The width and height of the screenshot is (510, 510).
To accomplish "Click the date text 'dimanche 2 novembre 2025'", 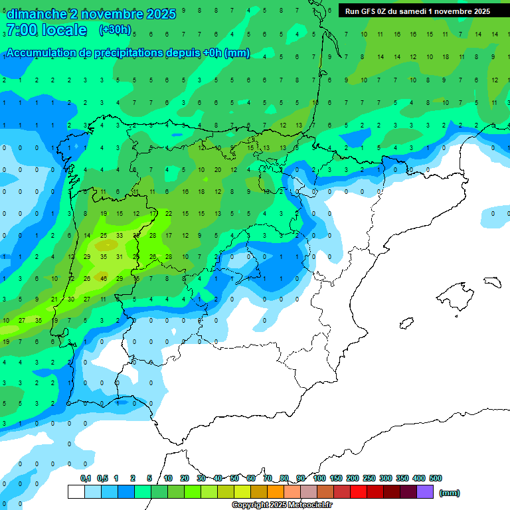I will tap(90, 14).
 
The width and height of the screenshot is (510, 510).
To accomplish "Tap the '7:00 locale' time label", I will tap(46, 30).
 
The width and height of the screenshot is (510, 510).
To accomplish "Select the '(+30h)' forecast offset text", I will tap(115, 30).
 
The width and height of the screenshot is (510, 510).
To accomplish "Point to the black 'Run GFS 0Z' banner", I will tap(418, 11).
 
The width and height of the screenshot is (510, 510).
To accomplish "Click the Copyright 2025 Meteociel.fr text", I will tap(282, 505).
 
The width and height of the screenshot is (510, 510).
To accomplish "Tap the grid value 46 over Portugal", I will tap(103, 278).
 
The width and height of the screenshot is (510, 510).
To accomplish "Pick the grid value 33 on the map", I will tap(119, 235).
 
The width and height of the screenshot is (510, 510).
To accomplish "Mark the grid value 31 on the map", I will tap(119, 256).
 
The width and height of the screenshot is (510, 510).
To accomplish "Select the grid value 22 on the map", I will tap(169, 213).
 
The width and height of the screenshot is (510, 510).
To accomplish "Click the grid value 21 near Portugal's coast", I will tap(53, 299).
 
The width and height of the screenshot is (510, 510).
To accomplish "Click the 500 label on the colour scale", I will tap(436, 478).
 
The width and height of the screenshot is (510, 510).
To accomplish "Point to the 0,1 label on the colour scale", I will tap(86, 478).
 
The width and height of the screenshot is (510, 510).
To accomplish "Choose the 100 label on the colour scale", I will tap(319, 478).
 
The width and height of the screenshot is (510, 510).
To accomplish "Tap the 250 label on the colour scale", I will tap(369, 478).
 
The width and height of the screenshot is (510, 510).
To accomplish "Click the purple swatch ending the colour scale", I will tap(425, 491).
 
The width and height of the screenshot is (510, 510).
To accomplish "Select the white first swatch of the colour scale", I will tap(76, 491).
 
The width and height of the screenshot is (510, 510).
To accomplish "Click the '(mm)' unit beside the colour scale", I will tap(450, 493).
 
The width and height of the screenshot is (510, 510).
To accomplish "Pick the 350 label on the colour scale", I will tap(402, 478).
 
